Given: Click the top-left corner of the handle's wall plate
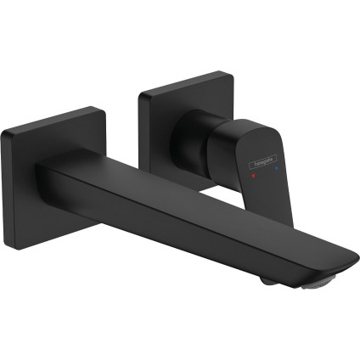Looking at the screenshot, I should (x=140, y=90).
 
